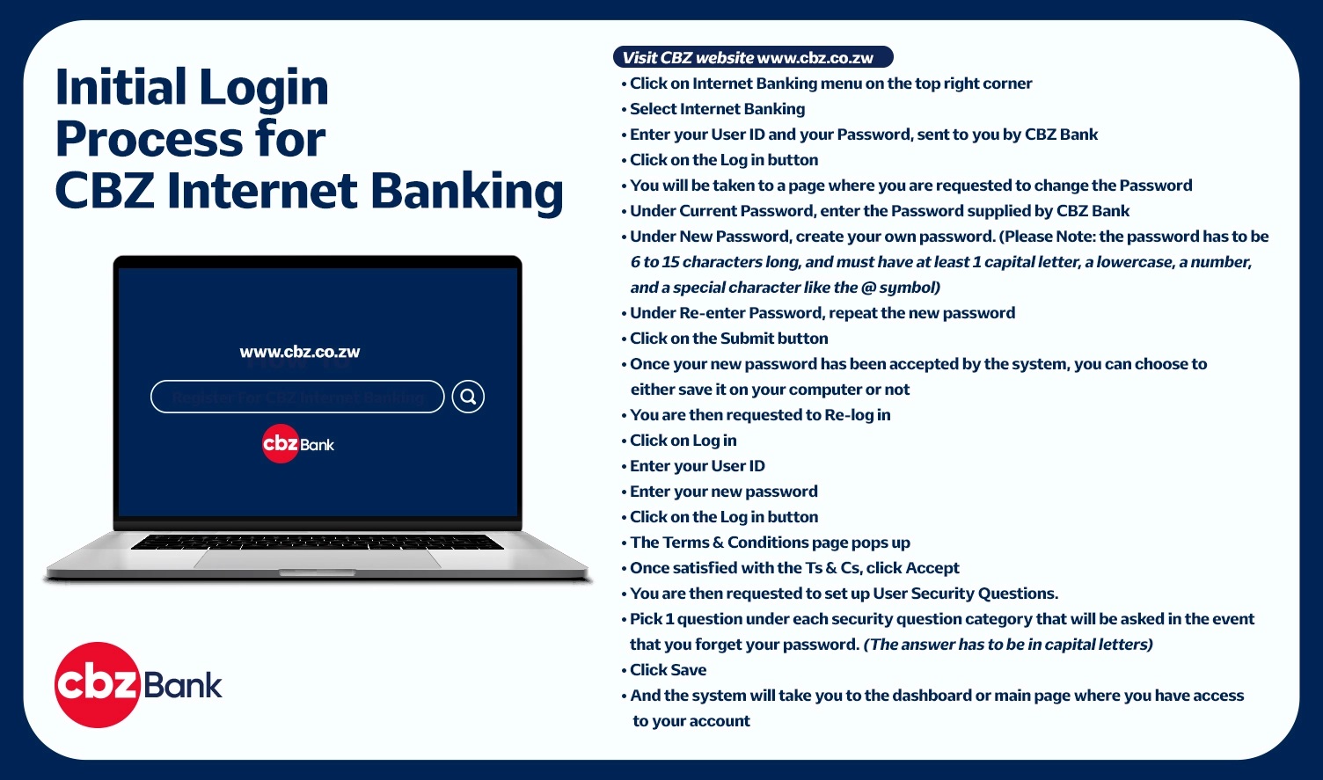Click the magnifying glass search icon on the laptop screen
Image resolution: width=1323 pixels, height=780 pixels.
[468, 397]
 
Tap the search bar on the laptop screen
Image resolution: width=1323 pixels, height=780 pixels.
[297, 397]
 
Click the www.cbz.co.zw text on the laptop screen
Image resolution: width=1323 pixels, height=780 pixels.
[299, 352]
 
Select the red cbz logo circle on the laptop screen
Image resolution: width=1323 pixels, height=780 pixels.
[280, 443]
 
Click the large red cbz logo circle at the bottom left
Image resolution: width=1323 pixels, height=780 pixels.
[98, 685]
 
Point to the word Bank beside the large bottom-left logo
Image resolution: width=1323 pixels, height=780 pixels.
[182, 685]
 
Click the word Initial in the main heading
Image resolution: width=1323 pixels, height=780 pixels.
[121, 87]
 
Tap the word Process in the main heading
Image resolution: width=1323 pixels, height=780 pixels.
[150, 139]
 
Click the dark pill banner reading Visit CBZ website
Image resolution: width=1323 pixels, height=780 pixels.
[753, 57]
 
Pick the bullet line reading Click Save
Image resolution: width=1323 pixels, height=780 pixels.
[664, 669]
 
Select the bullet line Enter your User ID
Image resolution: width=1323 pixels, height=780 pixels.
[693, 466]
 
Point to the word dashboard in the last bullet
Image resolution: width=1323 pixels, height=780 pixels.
[932, 696]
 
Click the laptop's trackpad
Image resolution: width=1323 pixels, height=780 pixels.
[318, 558]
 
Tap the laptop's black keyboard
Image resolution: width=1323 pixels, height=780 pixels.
[318, 542]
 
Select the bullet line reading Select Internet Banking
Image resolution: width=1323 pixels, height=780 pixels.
[713, 109]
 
